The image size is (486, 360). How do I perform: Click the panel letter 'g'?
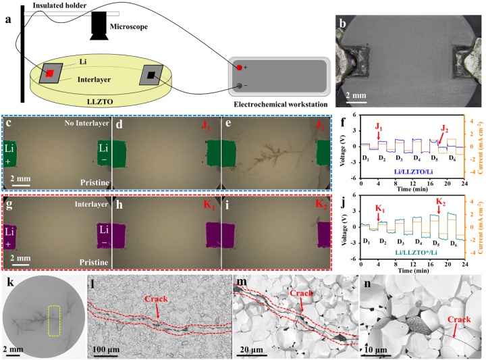click(7, 201)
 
